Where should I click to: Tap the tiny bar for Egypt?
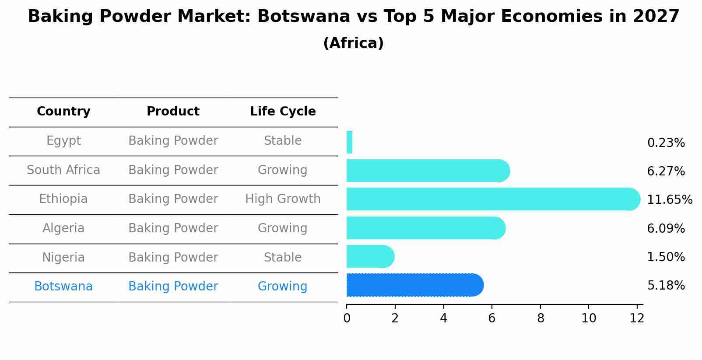(x=349, y=142)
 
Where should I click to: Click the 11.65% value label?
(x=669, y=200)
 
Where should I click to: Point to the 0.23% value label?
(x=666, y=143)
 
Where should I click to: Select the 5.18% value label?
(x=666, y=286)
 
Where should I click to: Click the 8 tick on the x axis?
(x=541, y=318)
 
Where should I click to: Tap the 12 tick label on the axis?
(x=637, y=318)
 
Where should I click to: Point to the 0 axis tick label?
(x=347, y=318)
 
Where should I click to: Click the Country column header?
(x=63, y=112)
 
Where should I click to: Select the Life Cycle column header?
(x=283, y=112)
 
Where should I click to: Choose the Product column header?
(x=173, y=112)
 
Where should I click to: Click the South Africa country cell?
(x=63, y=170)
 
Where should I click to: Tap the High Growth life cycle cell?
(x=283, y=199)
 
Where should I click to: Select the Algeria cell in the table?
(x=63, y=228)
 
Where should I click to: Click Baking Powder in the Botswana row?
(x=173, y=287)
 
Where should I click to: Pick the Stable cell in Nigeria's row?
(x=283, y=258)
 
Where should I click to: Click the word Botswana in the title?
(x=304, y=17)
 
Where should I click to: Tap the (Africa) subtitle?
(x=353, y=43)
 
